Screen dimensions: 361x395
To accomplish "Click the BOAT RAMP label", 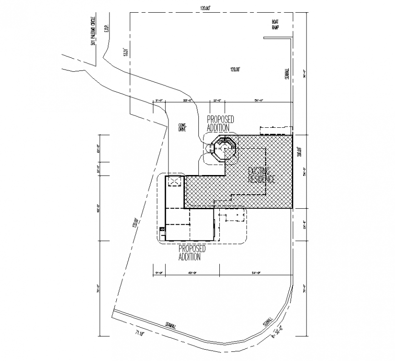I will pos(275,25).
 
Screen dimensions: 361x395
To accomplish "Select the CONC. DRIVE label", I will pos(183,127).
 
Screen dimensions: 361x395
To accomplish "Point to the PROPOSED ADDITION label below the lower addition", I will pos(192,253).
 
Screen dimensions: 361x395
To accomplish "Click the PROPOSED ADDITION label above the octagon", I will pos(220,123).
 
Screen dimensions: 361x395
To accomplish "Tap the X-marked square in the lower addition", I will pos(175,181).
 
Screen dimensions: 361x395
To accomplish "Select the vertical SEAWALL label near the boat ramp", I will pos(286,74).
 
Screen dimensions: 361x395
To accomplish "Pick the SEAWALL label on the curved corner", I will pos(267,321).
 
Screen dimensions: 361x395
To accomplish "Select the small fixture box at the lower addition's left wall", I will pos(161,230).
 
